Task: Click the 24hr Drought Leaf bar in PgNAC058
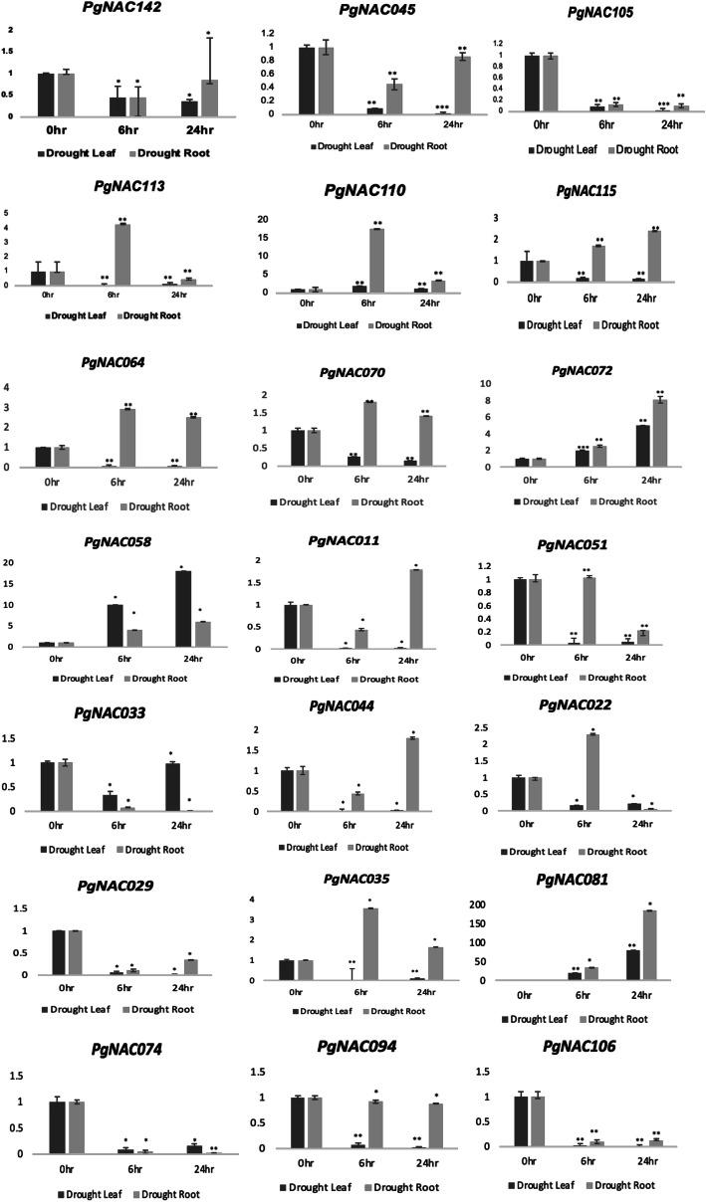point(183,609)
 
